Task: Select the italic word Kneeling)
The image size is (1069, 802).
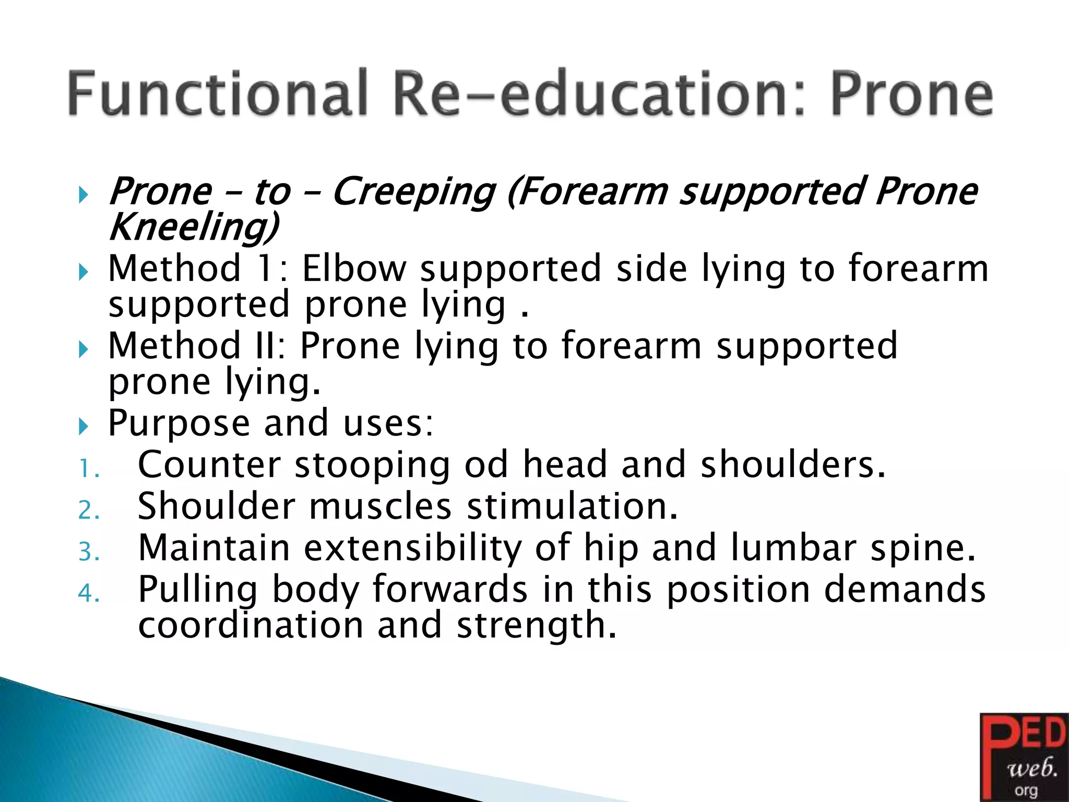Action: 193,227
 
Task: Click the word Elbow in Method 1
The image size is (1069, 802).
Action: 354,268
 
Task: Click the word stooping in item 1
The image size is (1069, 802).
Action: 372,465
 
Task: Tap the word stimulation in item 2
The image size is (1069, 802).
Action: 572,506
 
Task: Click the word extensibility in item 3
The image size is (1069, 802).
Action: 412,548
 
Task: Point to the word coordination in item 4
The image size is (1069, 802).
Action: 251,626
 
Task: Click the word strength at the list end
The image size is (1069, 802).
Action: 536,626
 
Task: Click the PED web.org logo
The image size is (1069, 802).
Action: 1024,757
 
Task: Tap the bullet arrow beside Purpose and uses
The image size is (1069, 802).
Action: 83,427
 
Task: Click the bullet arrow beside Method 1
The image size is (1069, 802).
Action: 83,272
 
